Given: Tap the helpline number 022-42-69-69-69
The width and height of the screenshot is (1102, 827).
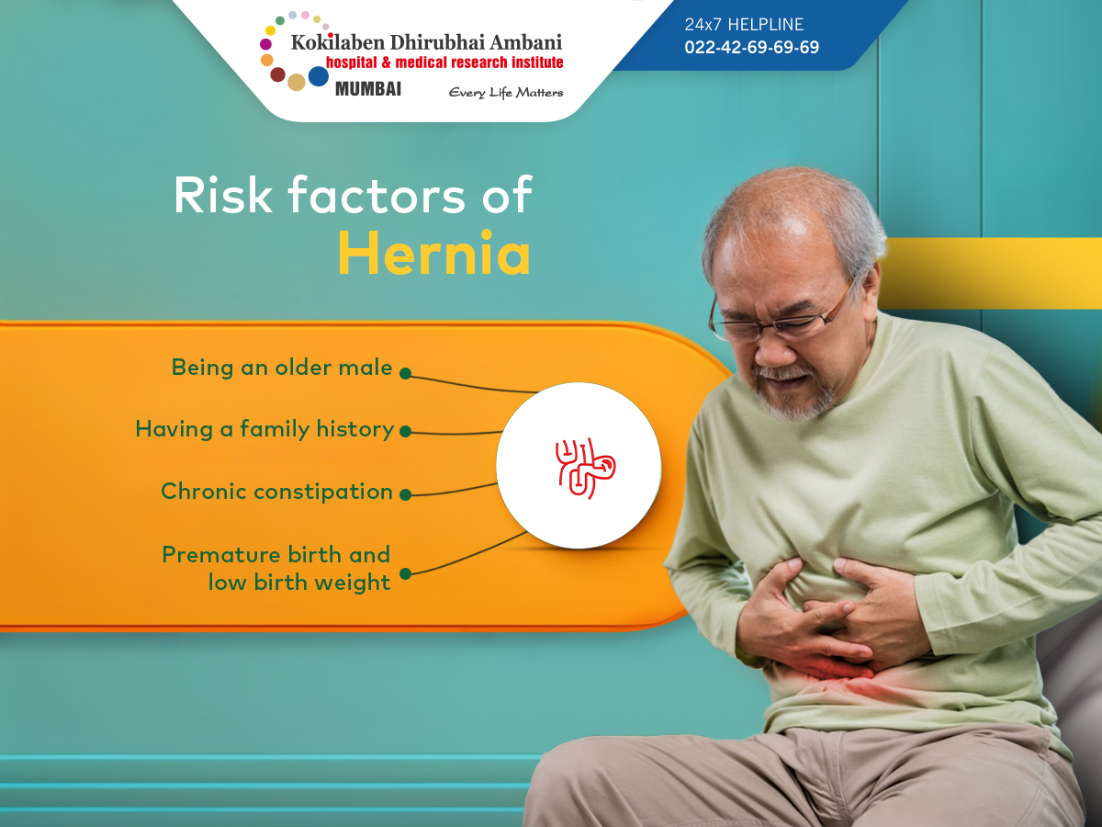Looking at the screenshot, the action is pos(751,47).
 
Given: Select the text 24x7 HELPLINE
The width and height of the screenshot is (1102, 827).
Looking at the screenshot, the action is pos(744,24).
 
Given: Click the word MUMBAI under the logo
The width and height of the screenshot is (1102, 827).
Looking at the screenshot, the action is pos(368,89).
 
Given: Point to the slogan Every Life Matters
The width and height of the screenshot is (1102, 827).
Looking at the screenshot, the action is pos(506,93).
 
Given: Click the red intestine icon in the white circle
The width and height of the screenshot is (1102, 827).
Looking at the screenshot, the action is pos(585,468).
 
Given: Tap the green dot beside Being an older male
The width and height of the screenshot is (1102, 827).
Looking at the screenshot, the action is pos(406,373).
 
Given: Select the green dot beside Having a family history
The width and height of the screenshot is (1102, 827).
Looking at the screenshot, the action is pos(406,431).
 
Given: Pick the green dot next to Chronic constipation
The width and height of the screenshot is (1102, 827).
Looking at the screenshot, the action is pos(406,494).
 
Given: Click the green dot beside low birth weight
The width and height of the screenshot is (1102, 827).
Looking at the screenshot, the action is pos(406,573).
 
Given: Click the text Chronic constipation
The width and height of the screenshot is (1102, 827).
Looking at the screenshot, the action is pos(276,492).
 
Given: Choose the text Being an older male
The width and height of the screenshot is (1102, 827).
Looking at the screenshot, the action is pos(282,367).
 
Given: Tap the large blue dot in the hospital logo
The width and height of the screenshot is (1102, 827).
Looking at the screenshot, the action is pos(319,76).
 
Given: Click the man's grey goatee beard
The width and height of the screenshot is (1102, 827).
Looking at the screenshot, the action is pos(793,397).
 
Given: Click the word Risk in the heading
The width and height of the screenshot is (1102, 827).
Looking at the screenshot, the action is pos(223,195).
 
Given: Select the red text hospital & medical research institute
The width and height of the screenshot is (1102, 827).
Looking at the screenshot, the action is pos(444,62).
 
